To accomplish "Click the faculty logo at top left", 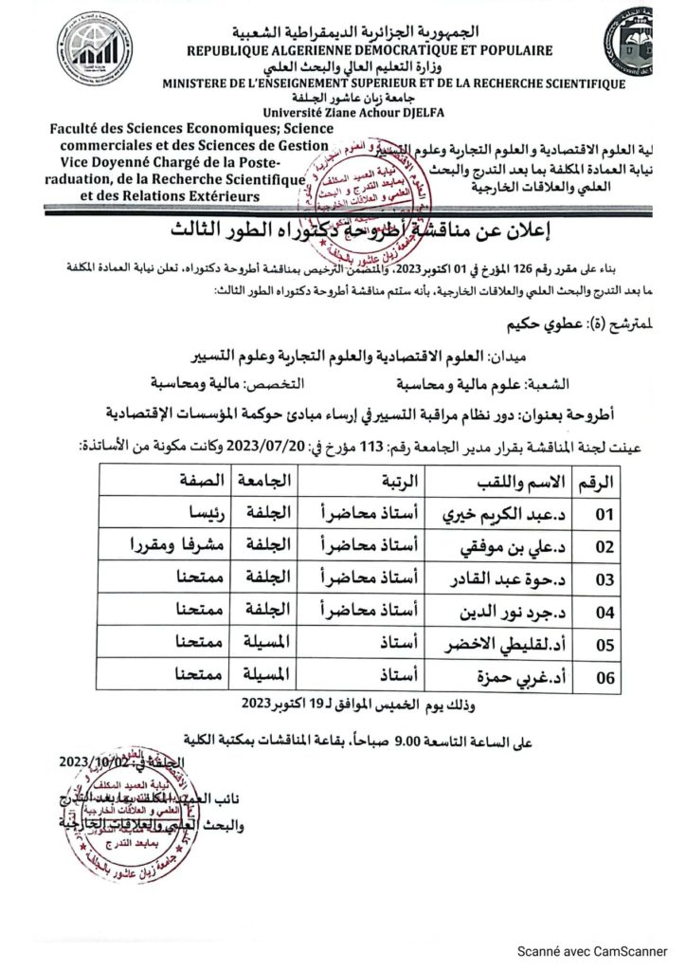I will click(x=92, y=49).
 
